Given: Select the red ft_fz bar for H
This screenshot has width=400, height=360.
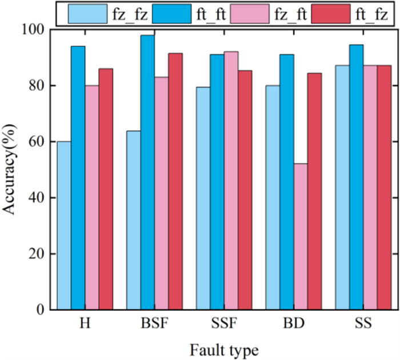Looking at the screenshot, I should [106, 189].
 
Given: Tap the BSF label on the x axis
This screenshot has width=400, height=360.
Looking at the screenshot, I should [154, 324].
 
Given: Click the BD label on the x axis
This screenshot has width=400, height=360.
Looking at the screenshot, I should [293, 324].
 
